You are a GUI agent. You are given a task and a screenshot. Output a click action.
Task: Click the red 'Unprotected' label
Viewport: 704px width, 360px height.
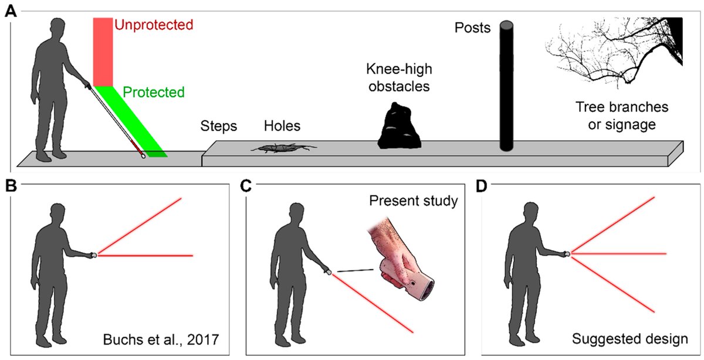(153, 25)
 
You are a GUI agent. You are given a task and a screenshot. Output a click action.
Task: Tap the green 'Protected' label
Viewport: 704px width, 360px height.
(154, 92)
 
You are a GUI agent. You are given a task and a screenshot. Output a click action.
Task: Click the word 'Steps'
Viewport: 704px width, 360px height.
(218, 126)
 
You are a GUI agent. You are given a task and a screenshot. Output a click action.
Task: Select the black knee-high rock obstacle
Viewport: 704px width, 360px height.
(399, 125)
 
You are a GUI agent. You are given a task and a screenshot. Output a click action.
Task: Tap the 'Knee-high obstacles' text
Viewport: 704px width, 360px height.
(399, 79)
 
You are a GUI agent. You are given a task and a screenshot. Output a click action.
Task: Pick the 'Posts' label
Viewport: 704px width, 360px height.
(473, 28)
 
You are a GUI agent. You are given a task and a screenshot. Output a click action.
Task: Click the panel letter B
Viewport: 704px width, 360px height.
(10, 186)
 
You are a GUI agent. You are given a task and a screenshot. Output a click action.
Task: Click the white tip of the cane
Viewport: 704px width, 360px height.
(143, 156)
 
